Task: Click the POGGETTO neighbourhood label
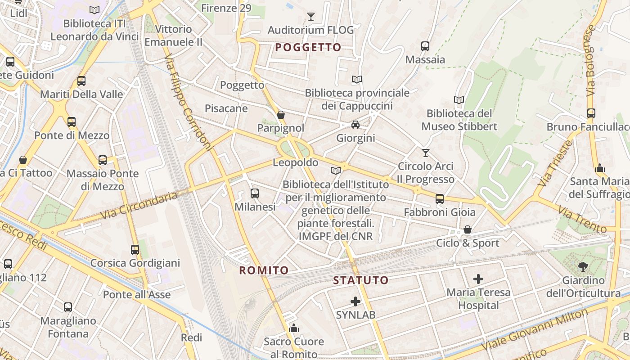tap(308, 47)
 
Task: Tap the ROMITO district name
tap(264, 270)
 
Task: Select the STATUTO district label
tap(360, 280)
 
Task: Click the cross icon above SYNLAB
tap(355, 301)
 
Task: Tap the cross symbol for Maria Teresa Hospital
tap(478, 279)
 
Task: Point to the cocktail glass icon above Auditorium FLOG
tap(310, 17)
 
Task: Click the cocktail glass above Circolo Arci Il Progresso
tap(426, 153)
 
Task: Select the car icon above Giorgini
tap(355, 124)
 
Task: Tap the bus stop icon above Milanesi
tap(255, 193)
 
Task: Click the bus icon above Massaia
tap(425, 46)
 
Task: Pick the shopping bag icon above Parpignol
tap(281, 115)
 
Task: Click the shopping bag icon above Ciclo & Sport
tap(468, 229)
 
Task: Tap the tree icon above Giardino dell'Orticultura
tap(583, 267)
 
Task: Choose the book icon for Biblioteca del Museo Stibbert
tap(459, 100)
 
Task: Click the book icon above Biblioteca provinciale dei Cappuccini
tap(357, 79)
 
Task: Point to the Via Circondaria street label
tap(139, 206)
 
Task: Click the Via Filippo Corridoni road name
tap(188, 103)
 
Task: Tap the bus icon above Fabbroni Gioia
tap(440, 198)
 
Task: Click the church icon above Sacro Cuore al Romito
tap(294, 328)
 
